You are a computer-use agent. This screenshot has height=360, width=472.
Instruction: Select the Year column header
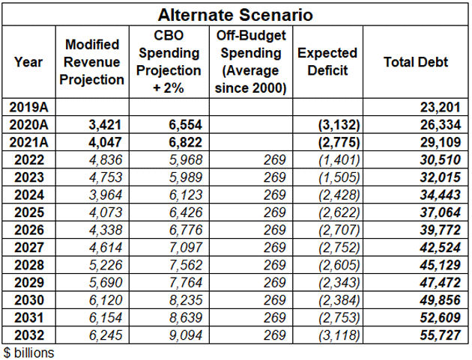click(28, 62)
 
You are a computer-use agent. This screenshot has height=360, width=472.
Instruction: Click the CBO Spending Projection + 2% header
click(169, 62)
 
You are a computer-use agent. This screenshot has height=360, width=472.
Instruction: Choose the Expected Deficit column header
click(327, 62)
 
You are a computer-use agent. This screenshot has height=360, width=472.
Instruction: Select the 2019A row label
click(28, 108)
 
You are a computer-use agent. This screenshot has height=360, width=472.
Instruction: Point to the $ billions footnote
click(30, 351)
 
